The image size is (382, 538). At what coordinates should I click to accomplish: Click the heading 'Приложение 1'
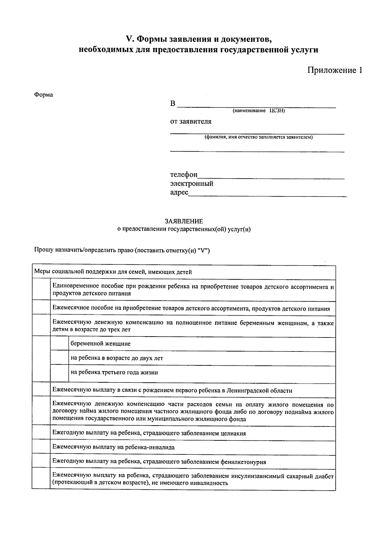pos(334,70)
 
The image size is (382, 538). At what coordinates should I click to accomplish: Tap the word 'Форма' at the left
pos(44,95)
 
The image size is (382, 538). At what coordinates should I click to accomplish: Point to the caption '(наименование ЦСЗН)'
pos(258,111)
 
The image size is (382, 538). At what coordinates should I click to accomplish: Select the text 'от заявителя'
pos(191,121)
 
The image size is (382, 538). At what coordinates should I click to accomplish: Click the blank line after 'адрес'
pos(267,194)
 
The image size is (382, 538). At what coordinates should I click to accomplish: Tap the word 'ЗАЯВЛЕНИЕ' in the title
pos(184,221)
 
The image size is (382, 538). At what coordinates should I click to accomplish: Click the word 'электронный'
pos(192,184)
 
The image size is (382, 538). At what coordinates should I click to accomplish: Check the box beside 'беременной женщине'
pos(60,344)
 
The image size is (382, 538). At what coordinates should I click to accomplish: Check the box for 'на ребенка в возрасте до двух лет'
pos(60,358)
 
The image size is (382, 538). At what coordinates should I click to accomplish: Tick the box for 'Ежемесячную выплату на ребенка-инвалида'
pos(41,447)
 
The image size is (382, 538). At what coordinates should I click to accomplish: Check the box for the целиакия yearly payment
pos(41,433)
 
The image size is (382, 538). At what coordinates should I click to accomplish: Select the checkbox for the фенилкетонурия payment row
pos(41,462)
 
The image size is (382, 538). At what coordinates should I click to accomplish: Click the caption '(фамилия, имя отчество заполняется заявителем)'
pos(258,137)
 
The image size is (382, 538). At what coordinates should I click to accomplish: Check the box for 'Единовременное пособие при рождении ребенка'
pos(41,290)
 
